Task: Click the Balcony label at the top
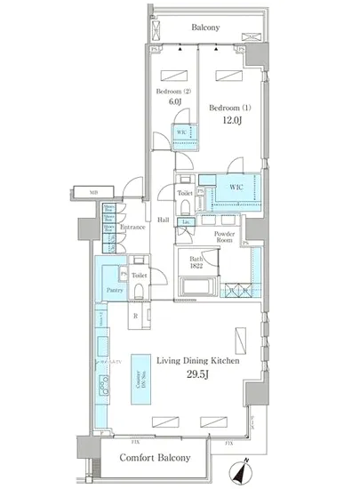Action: click(x=204, y=28)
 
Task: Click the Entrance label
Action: click(x=132, y=228)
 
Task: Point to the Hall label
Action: click(x=164, y=220)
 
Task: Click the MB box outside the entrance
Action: click(x=92, y=192)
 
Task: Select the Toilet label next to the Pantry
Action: click(x=139, y=276)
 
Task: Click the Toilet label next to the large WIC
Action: click(x=184, y=193)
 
